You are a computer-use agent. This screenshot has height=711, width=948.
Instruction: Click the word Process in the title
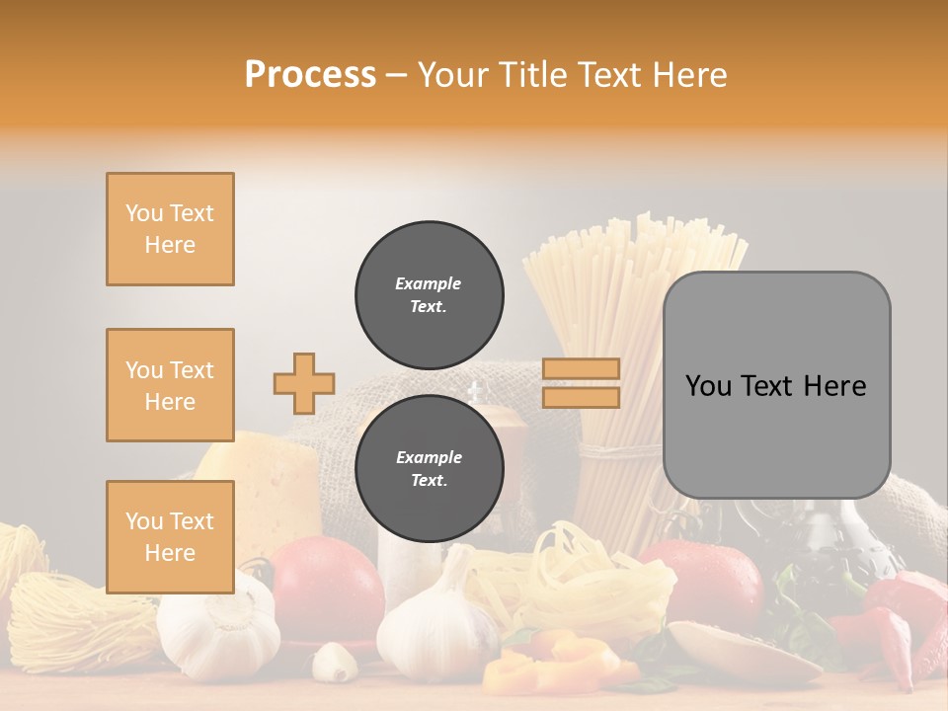[310, 75]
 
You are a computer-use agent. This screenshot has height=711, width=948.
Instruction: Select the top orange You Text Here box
[170, 229]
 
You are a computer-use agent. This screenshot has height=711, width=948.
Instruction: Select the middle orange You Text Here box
[170, 385]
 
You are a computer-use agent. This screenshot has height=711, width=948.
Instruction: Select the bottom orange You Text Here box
[170, 536]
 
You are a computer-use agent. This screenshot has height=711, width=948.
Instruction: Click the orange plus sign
[304, 383]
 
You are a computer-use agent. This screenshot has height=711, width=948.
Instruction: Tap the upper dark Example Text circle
[429, 294]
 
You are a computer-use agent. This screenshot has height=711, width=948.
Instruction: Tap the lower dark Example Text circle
[429, 468]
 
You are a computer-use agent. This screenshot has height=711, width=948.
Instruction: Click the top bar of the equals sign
[582, 369]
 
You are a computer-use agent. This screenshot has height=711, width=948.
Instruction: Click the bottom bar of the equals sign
[582, 397]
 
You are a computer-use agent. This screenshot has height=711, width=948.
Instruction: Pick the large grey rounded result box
[776, 385]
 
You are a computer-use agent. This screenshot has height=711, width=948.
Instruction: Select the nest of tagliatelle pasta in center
[563, 583]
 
